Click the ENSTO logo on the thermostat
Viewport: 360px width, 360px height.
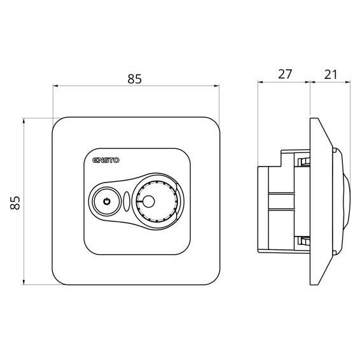(x=106, y=160)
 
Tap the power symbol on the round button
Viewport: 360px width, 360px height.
(x=107, y=202)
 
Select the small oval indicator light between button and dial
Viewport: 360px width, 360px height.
(x=127, y=202)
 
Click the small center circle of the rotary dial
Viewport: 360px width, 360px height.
(x=148, y=202)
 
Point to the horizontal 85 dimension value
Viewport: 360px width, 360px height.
(x=135, y=79)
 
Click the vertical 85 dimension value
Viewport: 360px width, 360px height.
(x=15, y=202)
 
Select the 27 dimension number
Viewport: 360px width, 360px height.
(x=285, y=74)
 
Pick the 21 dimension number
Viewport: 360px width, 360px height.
(x=331, y=74)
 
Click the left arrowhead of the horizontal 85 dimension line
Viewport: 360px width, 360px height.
(x=55, y=86)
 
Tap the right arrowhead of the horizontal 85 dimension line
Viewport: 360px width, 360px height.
(x=216, y=86)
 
